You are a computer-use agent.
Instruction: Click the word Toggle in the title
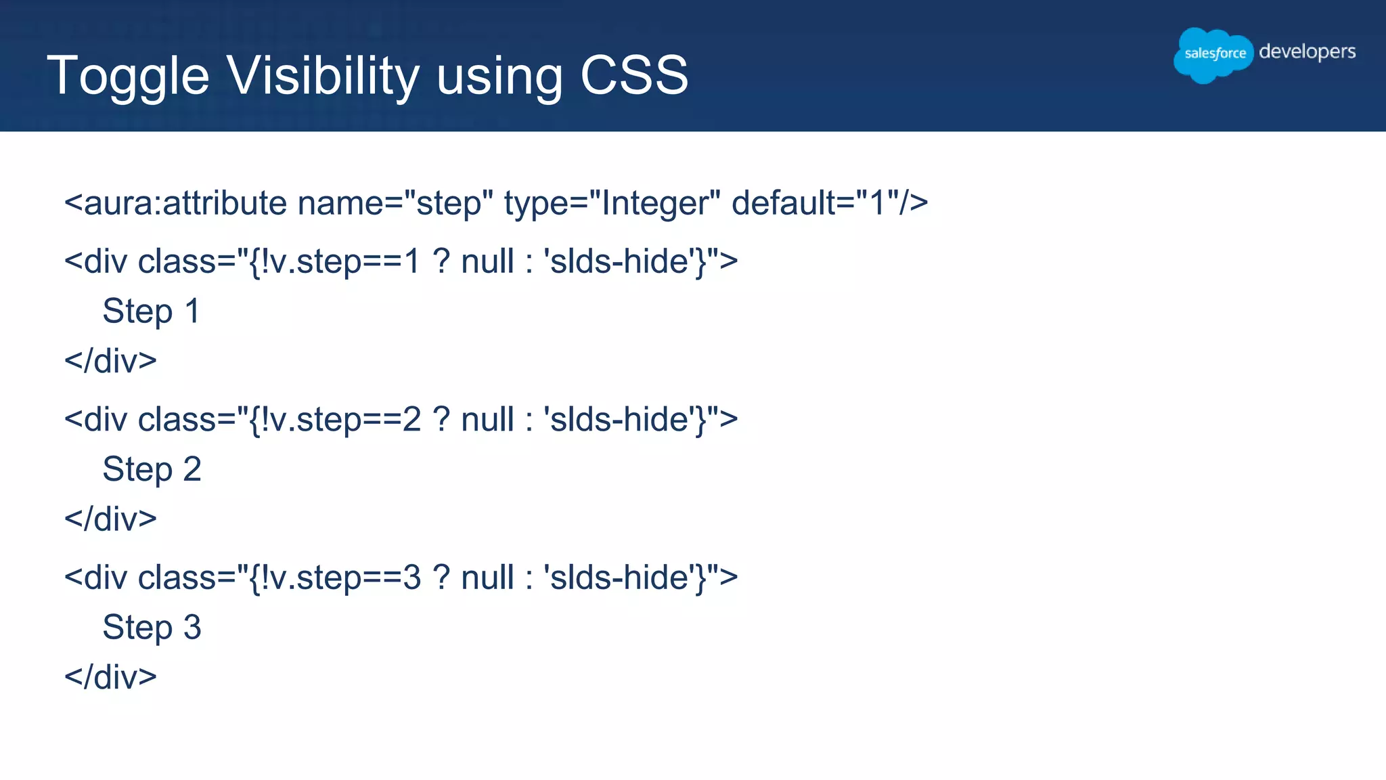128,76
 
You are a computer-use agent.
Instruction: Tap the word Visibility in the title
323,76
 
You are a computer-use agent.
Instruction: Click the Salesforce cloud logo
1214,54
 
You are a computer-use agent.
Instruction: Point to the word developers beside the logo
1307,52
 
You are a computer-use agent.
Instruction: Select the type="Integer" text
612,203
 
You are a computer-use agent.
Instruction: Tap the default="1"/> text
830,203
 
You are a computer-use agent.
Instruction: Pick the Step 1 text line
152,311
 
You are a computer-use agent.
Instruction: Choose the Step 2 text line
152,469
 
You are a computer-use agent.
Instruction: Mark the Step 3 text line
152,627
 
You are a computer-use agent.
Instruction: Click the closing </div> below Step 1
110,361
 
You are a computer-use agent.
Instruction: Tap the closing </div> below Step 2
110,519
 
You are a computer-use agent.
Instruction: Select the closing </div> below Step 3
110,677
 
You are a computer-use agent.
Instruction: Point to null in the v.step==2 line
487,420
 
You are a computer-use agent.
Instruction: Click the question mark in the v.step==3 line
441,578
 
